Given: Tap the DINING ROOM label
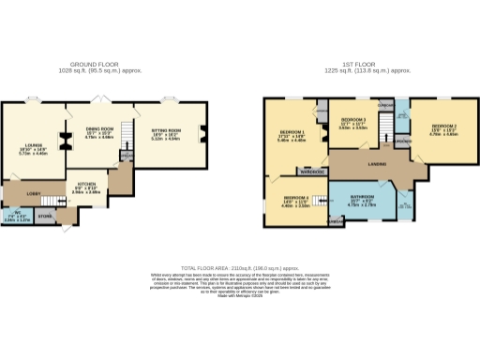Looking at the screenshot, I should coord(99,130).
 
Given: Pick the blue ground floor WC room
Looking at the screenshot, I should coord(17,217).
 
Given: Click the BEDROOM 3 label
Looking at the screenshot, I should coord(352,121).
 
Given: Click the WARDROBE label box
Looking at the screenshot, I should coord(311,172).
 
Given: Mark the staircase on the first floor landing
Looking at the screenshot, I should coord(382,138).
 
